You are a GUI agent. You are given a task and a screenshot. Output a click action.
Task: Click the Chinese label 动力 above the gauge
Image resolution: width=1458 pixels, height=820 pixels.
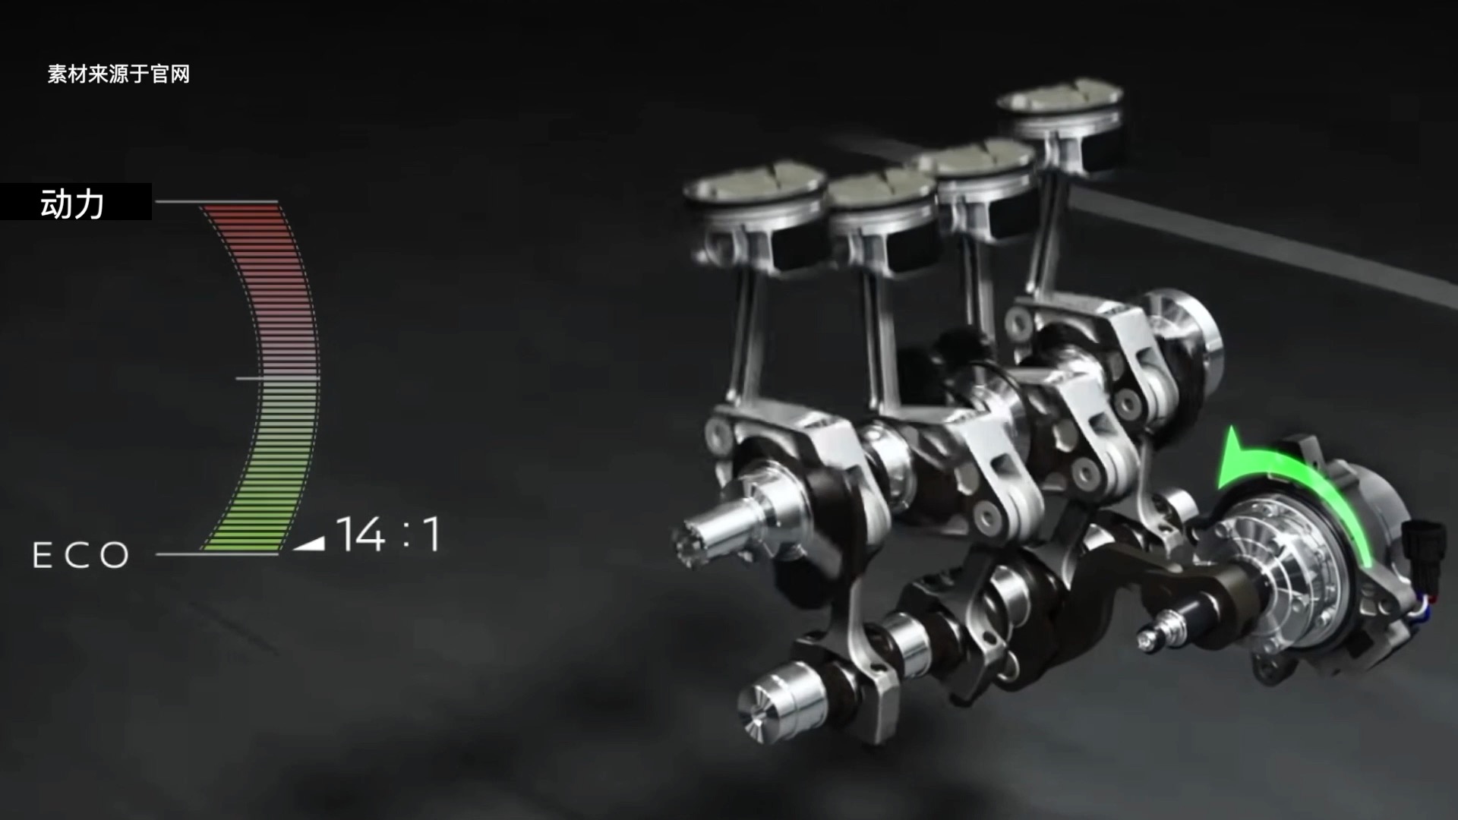72,203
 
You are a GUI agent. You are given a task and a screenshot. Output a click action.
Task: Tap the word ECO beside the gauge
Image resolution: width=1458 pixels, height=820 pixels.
81,556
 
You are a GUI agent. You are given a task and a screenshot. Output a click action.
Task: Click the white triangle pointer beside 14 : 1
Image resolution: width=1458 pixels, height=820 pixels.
310,543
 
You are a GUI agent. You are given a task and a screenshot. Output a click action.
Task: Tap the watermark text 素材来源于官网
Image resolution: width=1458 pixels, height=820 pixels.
118,74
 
